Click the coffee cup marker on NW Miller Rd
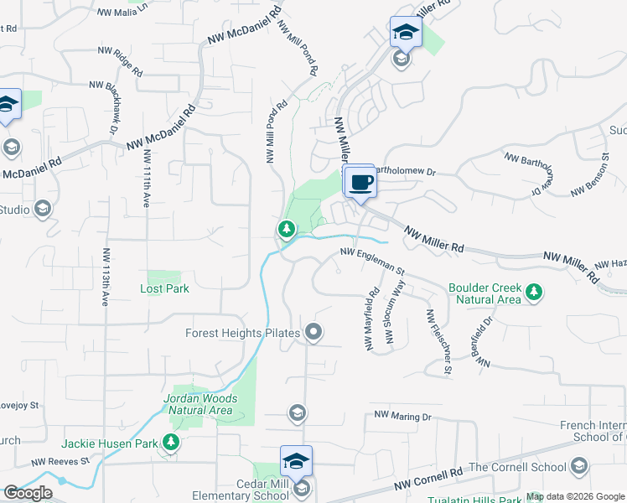click(x=361, y=182)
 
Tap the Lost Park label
click(x=164, y=288)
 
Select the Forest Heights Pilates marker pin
click(x=314, y=334)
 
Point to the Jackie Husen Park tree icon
click(x=171, y=442)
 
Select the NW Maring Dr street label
click(x=402, y=415)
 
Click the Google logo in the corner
click(x=28, y=493)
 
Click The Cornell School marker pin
click(x=578, y=467)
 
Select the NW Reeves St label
click(x=60, y=461)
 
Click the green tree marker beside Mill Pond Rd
click(x=286, y=229)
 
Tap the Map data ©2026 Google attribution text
click(x=576, y=497)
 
